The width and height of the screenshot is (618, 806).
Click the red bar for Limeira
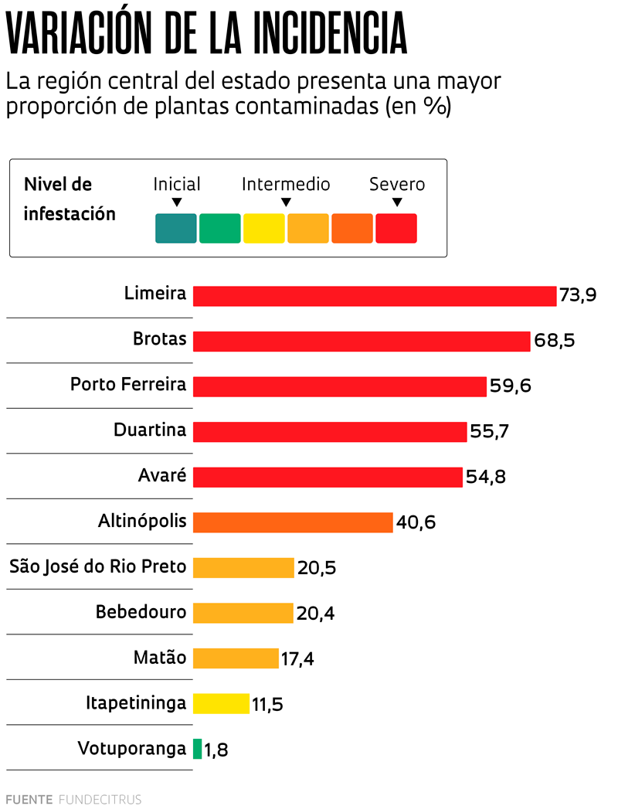(375, 296)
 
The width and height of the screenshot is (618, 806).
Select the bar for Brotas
(362, 342)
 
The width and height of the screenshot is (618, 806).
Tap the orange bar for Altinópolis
(293, 522)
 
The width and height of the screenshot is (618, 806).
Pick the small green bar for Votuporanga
(197, 749)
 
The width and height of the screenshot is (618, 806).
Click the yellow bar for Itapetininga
(221, 703)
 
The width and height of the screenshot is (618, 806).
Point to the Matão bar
(236, 658)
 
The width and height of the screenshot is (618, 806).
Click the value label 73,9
(578, 296)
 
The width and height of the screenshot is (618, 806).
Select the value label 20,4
(315, 614)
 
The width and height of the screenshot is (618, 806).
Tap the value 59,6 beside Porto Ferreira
(510, 386)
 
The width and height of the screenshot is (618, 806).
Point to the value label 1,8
(216, 750)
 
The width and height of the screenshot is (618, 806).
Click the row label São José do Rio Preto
(97, 567)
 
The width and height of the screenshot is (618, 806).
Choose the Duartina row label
(150, 430)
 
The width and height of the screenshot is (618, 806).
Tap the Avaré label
(162, 475)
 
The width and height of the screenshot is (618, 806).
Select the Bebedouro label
(141, 612)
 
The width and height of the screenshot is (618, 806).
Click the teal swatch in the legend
(176, 229)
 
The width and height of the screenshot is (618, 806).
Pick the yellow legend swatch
(264, 229)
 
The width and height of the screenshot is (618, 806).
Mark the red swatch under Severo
(396, 229)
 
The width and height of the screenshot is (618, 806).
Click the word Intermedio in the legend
(286, 185)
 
